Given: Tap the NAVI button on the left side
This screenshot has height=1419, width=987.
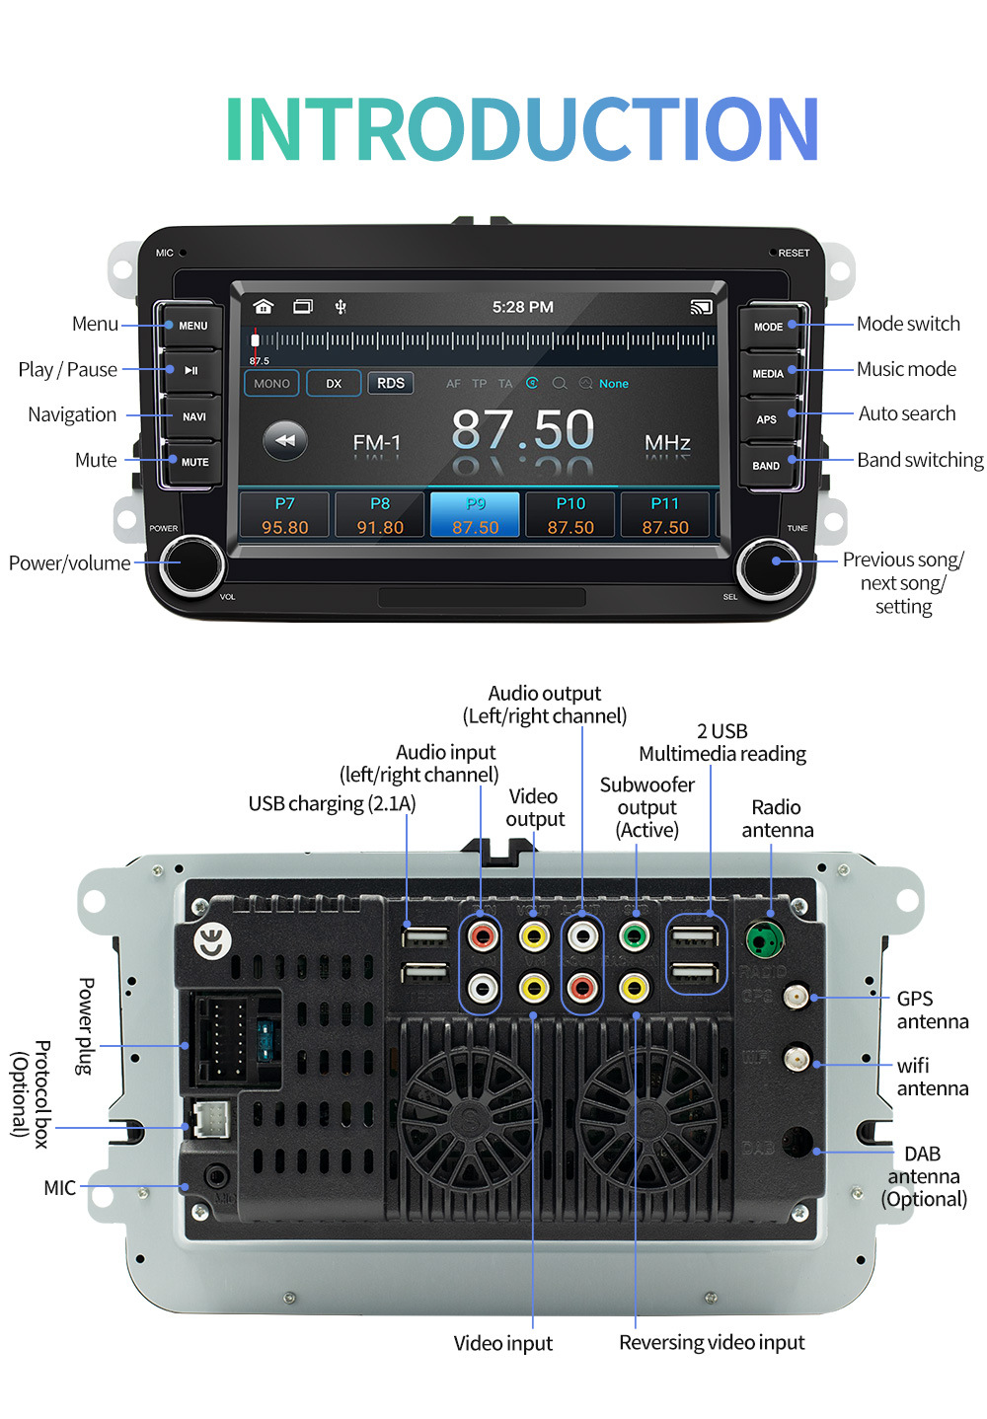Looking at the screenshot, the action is click(x=193, y=416).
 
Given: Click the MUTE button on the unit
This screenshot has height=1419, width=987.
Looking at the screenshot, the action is click(x=194, y=462).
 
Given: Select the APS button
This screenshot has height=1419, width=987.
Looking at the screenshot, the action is click(x=767, y=419).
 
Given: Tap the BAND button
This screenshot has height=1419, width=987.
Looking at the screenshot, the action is click(x=767, y=466).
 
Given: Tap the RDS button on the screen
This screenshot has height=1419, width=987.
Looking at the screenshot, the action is click(x=391, y=383).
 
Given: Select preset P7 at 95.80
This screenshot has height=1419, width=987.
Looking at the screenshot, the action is click(x=284, y=515).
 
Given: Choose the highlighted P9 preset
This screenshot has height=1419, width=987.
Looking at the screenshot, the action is click(x=475, y=515).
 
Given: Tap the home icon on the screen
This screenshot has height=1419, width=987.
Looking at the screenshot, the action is click(x=263, y=307).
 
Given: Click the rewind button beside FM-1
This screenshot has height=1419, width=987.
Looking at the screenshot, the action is click(x=285, y=440).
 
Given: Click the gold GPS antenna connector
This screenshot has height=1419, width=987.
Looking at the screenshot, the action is click(x=796, y=998).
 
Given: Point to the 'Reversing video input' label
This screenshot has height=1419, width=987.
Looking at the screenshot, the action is click(x=712, y=1342).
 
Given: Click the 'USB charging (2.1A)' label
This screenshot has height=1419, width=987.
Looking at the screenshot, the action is click(x=332, y=803).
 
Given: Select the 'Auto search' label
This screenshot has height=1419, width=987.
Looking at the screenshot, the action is click(x=906, y=413).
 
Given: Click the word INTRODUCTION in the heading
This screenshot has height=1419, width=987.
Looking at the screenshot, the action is click(x=522, y=128).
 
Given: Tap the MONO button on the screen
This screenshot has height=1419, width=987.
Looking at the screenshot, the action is click(x=271, y=383).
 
